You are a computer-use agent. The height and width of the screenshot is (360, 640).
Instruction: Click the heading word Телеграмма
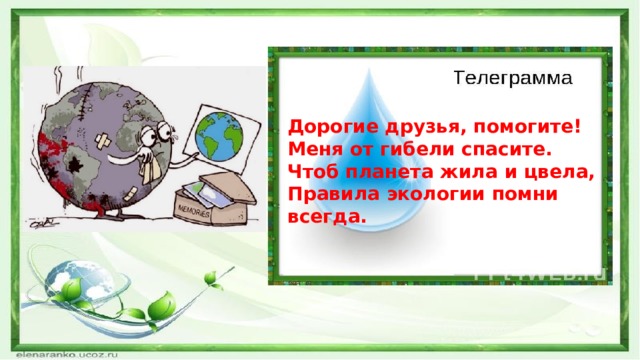point(513,77)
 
